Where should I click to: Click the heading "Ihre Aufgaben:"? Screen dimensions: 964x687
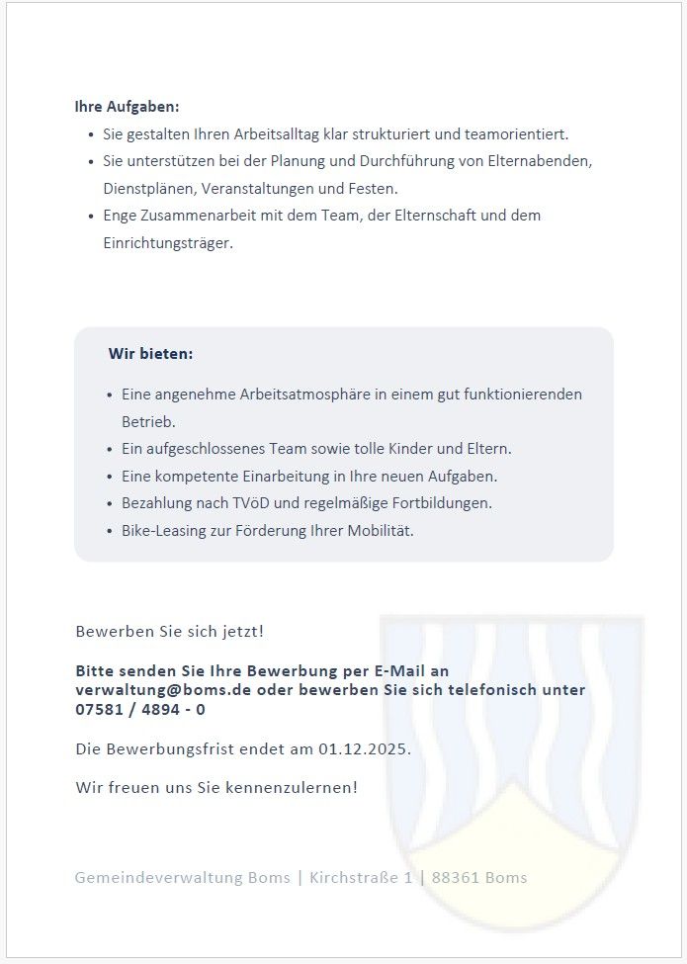pyautogui.click(x=127, y=107)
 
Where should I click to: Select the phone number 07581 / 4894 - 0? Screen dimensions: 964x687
pyautogui.click(x=140, y=709)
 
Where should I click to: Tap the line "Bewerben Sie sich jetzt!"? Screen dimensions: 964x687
pyautogui.click(x=170, y=631)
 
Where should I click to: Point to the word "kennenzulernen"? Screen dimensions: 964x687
pyautogui.click(x=297, y=788)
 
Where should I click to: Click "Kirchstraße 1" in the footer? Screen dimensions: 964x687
pyautogui.click(x=361, y=878)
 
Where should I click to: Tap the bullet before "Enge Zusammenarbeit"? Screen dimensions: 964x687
pyautogui.click(x=91, y=216)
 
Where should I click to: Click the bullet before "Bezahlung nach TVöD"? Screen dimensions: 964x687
pyautogui.click(x=110, y=504)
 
